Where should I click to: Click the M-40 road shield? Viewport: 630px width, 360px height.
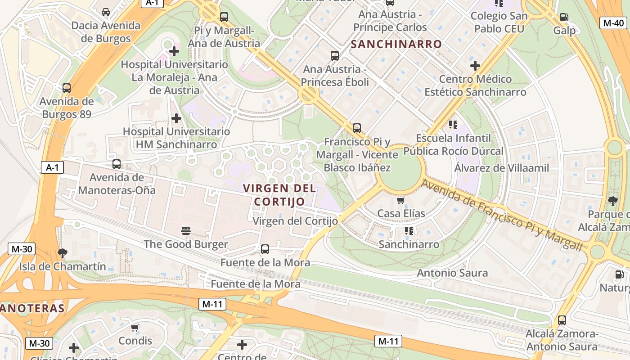(613, 23)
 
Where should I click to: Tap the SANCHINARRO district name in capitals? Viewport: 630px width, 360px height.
(396, 44)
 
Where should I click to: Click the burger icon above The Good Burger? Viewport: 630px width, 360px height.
(186, 231)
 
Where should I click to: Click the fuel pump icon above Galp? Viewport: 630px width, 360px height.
(564, 17)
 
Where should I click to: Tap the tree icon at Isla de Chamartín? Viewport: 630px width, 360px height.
(63, 253)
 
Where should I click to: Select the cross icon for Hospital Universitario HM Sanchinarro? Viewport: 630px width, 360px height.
(176, 118)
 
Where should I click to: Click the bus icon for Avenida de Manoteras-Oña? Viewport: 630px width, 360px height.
(117, 164)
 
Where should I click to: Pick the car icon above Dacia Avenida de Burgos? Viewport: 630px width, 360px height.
(106, 12)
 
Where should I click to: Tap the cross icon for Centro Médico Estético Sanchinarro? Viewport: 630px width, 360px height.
(475, 66)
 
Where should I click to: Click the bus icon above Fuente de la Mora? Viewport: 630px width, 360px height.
(265, 249)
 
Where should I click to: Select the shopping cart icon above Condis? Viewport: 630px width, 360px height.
(135, 328)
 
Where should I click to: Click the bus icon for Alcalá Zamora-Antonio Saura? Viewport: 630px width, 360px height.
(562, 320)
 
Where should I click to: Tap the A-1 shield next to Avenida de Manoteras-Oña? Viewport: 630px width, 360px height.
(52, 168)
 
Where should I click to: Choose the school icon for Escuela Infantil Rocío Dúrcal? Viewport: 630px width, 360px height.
(453, 125)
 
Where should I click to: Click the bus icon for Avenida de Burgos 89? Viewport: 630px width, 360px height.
(67, 88)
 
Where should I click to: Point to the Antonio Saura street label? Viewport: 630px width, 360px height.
(452, 273)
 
